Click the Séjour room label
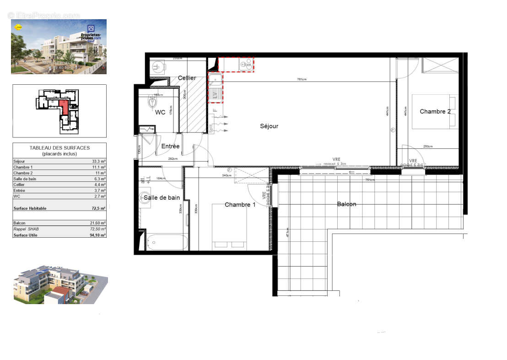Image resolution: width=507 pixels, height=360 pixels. click(269, 126)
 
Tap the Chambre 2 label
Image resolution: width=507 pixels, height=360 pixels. click(435, 111)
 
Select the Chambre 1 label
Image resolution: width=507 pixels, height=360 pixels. click(240, 205)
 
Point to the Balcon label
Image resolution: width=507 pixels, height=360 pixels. click(346, 204)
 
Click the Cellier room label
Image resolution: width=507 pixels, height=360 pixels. click(187, 78)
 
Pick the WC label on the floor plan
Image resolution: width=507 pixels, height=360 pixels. click(160, 112)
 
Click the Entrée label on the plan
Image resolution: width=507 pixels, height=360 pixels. click(170, 147)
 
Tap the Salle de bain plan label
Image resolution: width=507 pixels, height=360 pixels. click(162, 197)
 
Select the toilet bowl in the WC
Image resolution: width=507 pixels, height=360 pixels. click(152, 102)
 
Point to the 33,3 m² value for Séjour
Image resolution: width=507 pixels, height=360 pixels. click(99, 161)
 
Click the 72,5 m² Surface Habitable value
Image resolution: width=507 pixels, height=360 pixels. click(99, 208)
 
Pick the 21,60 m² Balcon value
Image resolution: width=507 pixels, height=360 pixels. click(98, 223)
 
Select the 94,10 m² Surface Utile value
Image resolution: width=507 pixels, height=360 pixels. click(98, 235)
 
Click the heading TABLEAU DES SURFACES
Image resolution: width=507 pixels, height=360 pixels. click(59, 148)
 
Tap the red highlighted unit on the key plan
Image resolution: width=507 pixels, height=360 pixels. click(64, 107)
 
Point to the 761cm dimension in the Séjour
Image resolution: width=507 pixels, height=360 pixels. click(301, 80)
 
